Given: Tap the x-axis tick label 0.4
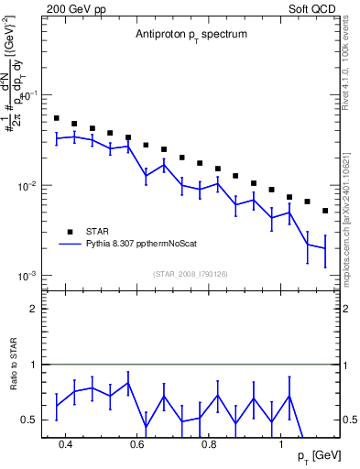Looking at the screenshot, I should [65, 444].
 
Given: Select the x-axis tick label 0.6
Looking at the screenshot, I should [136, 444].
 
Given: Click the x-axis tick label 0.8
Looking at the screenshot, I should [209, 444].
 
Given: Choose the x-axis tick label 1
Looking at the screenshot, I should [281, 444].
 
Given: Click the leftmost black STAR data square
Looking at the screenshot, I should [57, 118].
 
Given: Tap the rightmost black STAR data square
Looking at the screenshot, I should [325, 211].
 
